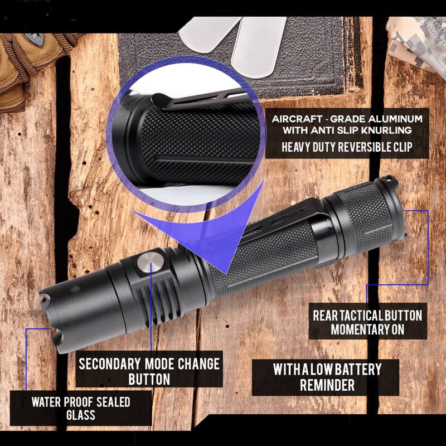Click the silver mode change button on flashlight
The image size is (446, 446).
point(151,261)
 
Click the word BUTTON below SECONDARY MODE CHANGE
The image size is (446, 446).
point(149,379)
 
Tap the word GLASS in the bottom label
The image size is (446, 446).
point(80,415)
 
